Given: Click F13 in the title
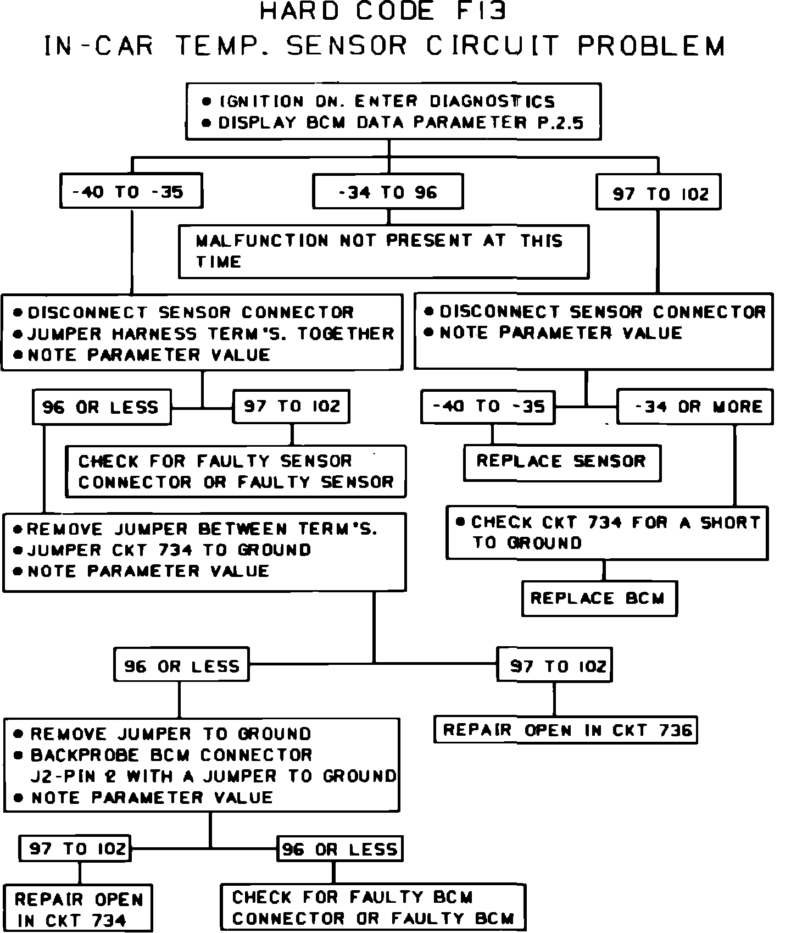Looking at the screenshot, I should point(481,12).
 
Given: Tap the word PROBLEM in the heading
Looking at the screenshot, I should point(651,46).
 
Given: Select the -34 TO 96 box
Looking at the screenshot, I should point(388,192).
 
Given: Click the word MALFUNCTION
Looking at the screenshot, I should point(262,241).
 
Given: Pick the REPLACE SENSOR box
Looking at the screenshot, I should point(561,462).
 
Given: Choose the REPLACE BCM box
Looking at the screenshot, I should point(599,598).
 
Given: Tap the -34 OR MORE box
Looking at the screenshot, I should point(695,407).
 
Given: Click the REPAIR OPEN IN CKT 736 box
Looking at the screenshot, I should point(565,730).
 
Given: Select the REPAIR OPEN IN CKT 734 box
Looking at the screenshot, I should point(77,909).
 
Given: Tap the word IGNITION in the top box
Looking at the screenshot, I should point(261,102).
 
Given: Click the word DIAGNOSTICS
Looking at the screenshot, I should point(492,102).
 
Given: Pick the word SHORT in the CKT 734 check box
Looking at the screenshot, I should point(730,523).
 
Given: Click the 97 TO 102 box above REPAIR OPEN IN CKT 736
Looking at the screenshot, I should point(554,665).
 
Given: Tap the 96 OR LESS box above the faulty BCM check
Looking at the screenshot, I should point(339,849).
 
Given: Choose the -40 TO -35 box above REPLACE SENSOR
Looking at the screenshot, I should point(488,407).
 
